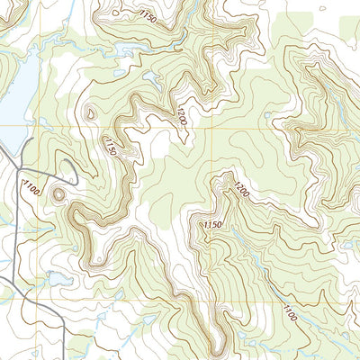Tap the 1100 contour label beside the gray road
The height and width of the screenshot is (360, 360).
32,189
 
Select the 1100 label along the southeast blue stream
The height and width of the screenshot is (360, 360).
289,312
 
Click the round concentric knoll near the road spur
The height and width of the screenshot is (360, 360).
60,193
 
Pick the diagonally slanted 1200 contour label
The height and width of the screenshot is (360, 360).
241,190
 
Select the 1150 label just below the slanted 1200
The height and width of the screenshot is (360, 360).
213,224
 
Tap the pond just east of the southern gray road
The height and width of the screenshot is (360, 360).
56,280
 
